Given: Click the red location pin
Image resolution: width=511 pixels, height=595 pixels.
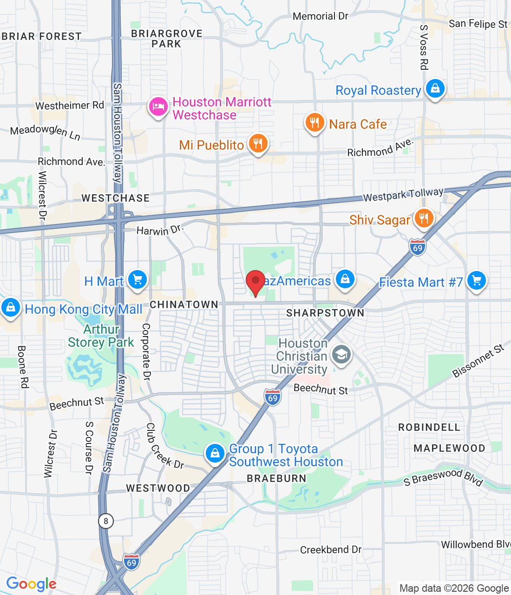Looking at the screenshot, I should point(255,282).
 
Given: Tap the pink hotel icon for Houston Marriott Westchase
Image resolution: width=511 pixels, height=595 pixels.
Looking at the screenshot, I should point(158,106).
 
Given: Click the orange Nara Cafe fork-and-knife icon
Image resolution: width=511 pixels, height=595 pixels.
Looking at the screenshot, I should point(314,123).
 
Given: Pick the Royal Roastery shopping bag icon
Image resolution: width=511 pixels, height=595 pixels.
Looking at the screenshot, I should point(435,88).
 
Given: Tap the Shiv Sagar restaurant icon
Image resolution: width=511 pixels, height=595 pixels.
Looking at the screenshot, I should point(424,218).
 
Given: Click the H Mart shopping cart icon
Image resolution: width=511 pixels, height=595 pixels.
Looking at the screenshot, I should point(137,279).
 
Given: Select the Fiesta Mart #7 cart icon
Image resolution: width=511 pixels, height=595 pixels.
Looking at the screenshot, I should point(477,280).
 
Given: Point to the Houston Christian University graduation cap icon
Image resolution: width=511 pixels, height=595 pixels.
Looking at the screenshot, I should point(341,356).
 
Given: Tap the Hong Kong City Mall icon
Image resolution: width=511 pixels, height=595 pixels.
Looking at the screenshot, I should point(10,307).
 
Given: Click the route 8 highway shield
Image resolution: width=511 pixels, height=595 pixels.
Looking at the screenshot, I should point(106,521).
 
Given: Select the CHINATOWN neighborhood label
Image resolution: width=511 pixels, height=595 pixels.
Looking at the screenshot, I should point(184,305).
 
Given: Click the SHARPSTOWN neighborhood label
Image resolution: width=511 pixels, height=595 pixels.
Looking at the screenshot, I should point(325,313).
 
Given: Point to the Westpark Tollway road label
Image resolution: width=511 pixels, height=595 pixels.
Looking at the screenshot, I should point(403,195).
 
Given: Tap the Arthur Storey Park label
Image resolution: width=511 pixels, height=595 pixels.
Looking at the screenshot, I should point(101,336).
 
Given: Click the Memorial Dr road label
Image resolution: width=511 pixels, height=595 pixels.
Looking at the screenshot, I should point(321,16).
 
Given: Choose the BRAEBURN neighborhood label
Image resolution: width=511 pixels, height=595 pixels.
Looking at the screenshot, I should point(276,478).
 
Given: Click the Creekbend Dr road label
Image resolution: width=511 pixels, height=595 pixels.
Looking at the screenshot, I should point(331,550).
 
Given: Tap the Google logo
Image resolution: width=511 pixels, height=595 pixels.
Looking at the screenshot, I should point(32,584).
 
